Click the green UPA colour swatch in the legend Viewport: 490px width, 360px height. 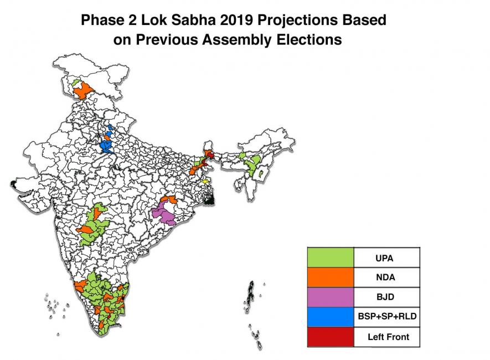tap(331, 257)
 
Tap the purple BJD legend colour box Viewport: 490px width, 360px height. tap(331, 297)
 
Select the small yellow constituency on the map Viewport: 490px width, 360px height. tap(205, 181)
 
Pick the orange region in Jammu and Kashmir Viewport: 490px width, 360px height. tap(83, 91)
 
